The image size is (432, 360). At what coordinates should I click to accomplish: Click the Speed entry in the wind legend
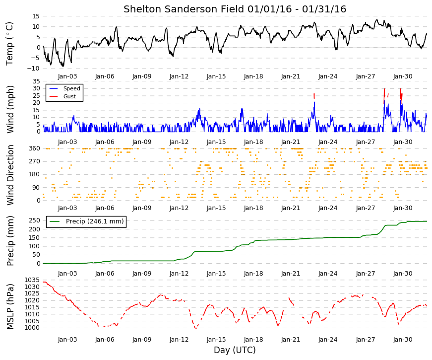click(71, 88)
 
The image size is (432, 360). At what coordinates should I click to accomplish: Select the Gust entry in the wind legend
click(69, 96)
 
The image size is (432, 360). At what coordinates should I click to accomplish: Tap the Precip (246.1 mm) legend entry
click(95, 221)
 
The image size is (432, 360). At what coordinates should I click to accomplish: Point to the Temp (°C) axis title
click(9, 44)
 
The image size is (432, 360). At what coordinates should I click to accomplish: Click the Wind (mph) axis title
click(10, 109)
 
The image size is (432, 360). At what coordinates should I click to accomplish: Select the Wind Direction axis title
click(10, 175)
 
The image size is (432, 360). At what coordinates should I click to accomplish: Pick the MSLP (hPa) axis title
click(10, 306)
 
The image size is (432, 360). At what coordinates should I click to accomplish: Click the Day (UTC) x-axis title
click(235, 350)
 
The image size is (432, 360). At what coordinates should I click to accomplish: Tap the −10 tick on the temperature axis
click(33, 69)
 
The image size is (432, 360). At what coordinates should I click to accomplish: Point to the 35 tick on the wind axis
click(36, 81)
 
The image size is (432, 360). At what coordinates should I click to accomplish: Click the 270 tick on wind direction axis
click(35, 161)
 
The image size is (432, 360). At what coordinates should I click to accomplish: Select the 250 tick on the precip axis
click(35, 220)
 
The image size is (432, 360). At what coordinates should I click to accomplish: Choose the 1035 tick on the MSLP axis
click(32, 280)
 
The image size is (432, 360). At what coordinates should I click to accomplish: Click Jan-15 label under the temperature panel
click(216, 76)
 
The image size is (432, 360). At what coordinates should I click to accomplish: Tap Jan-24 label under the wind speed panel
click(328, 142)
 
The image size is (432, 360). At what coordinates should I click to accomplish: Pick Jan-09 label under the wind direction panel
click(142, 208)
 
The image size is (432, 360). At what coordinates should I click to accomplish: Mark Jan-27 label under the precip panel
click(366, 274)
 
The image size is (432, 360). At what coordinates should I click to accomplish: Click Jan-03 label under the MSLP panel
click(67, 340)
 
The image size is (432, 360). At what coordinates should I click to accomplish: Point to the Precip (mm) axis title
click(10, 241)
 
